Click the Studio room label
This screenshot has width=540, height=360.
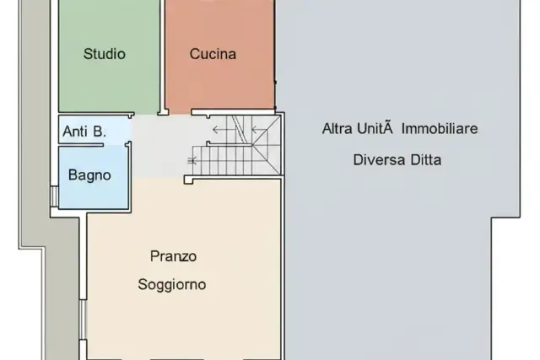point(105,54)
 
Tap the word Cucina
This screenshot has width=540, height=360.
point(213,54)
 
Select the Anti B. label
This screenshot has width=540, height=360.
point(84,132)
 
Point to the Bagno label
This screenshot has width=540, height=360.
point(89,175)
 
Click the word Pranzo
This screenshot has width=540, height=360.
point(173,256)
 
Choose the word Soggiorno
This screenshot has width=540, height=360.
point(172,285)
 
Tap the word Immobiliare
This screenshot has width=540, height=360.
point(440,129)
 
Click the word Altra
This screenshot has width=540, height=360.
point(337,129)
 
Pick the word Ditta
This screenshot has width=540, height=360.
point(425,160)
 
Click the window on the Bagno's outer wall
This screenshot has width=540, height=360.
point(54,196)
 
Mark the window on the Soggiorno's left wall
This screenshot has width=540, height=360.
point(83,320)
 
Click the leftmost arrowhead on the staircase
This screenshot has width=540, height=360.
point(215,130)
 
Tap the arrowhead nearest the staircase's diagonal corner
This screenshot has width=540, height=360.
point(255,130)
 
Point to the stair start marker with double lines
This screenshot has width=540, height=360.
point(192,160)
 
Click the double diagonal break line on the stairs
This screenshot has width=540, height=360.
point(239,129)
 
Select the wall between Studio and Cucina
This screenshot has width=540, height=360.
point(162,57)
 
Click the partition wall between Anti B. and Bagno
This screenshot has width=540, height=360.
point(81,145)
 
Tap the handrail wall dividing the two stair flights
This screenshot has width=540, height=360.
point(229,144)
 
